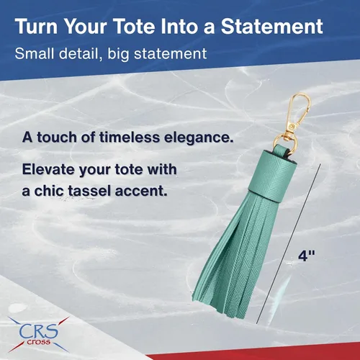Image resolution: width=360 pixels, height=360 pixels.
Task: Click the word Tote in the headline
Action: (x=135, y=26)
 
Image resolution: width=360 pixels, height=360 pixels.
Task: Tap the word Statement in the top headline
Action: (x=272, y=26)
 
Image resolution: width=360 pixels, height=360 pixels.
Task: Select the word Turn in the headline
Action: (x=36, y=26)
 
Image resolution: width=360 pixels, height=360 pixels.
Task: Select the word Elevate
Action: (x=49, y=169)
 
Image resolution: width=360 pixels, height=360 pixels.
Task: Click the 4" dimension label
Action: (x=307, y=256)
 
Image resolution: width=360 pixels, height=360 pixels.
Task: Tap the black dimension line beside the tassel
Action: (x=288, y=244)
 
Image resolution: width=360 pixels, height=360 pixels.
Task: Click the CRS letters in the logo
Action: (x=39, y=330)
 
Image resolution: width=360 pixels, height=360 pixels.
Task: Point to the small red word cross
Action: (x=38, y=342)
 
